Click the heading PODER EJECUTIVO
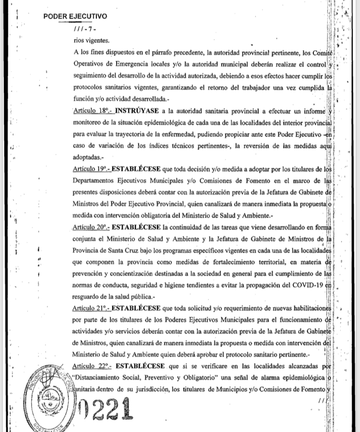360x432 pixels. (x=75, y=16)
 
